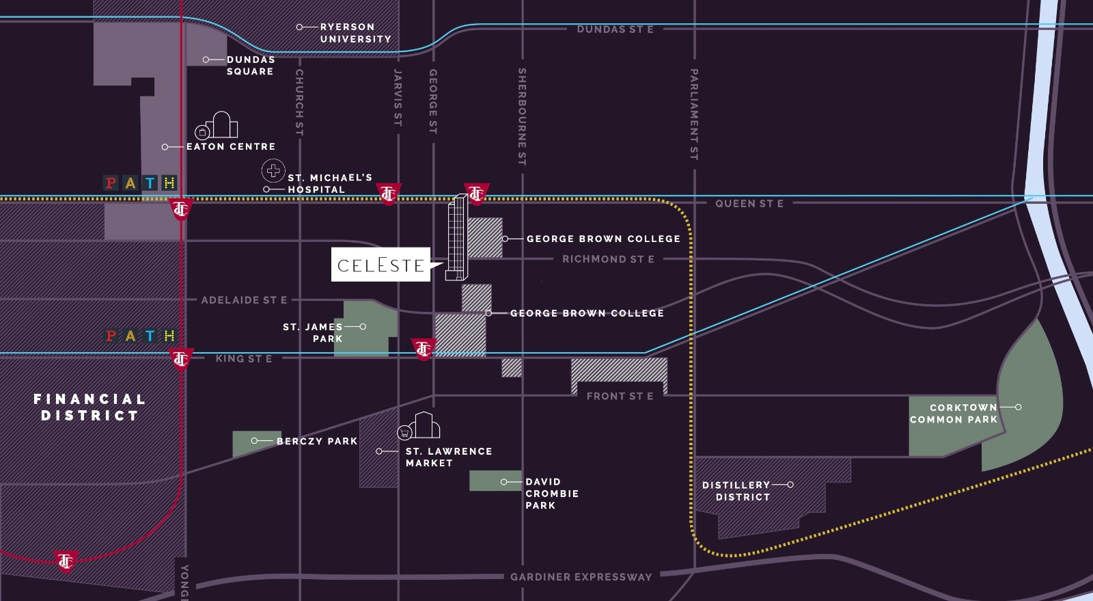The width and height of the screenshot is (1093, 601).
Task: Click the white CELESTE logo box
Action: click(381, 265)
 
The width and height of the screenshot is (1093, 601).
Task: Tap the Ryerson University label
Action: click(355, 33)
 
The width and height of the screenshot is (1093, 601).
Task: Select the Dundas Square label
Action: click(250, 66)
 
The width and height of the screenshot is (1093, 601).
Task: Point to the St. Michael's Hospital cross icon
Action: click(273, 170)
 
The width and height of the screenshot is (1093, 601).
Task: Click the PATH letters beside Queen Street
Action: click(140, 183)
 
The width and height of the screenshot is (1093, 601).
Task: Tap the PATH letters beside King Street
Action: click(140, 336)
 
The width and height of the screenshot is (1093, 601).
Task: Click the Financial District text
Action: click(89, 407)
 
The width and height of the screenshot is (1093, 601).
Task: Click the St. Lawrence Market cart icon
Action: click(405, 432)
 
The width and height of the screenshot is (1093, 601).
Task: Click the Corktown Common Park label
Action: click(954, 413)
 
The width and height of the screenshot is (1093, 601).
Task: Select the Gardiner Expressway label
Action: click(581, 576)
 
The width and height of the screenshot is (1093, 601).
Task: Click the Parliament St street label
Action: click(694, 114)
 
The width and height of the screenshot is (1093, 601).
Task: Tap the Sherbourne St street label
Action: click(522, 116)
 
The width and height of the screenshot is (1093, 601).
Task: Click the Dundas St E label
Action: click(615, 29)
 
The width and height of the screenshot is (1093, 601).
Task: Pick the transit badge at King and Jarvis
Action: click(424, 349)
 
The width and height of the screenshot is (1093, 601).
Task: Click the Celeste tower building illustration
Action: click(457, 237)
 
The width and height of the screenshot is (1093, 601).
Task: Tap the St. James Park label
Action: click(314, 332)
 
